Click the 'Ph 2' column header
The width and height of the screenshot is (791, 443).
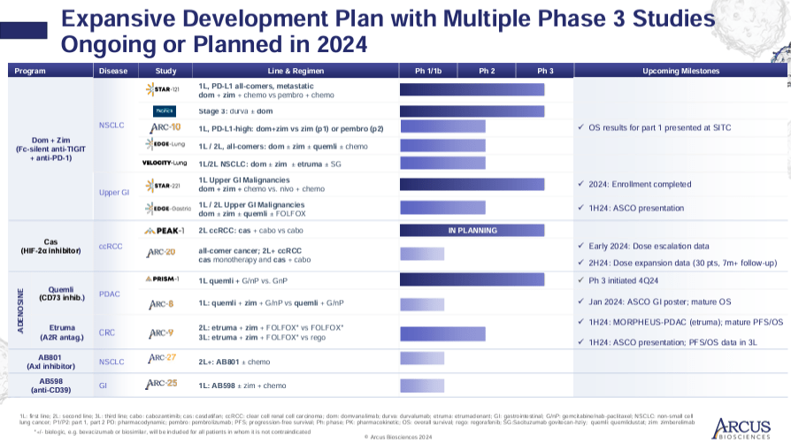[x=487, y=71]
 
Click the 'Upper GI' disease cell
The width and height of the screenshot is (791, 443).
[x=113, y=191]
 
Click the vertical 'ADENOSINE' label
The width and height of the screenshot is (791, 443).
[x=19, y=309]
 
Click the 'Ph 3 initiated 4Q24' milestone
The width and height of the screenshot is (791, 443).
[x=631, y=280]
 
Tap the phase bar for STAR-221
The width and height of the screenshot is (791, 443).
[x=472, y=185]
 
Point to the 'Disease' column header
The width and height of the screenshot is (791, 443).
[x=113, y=71]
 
